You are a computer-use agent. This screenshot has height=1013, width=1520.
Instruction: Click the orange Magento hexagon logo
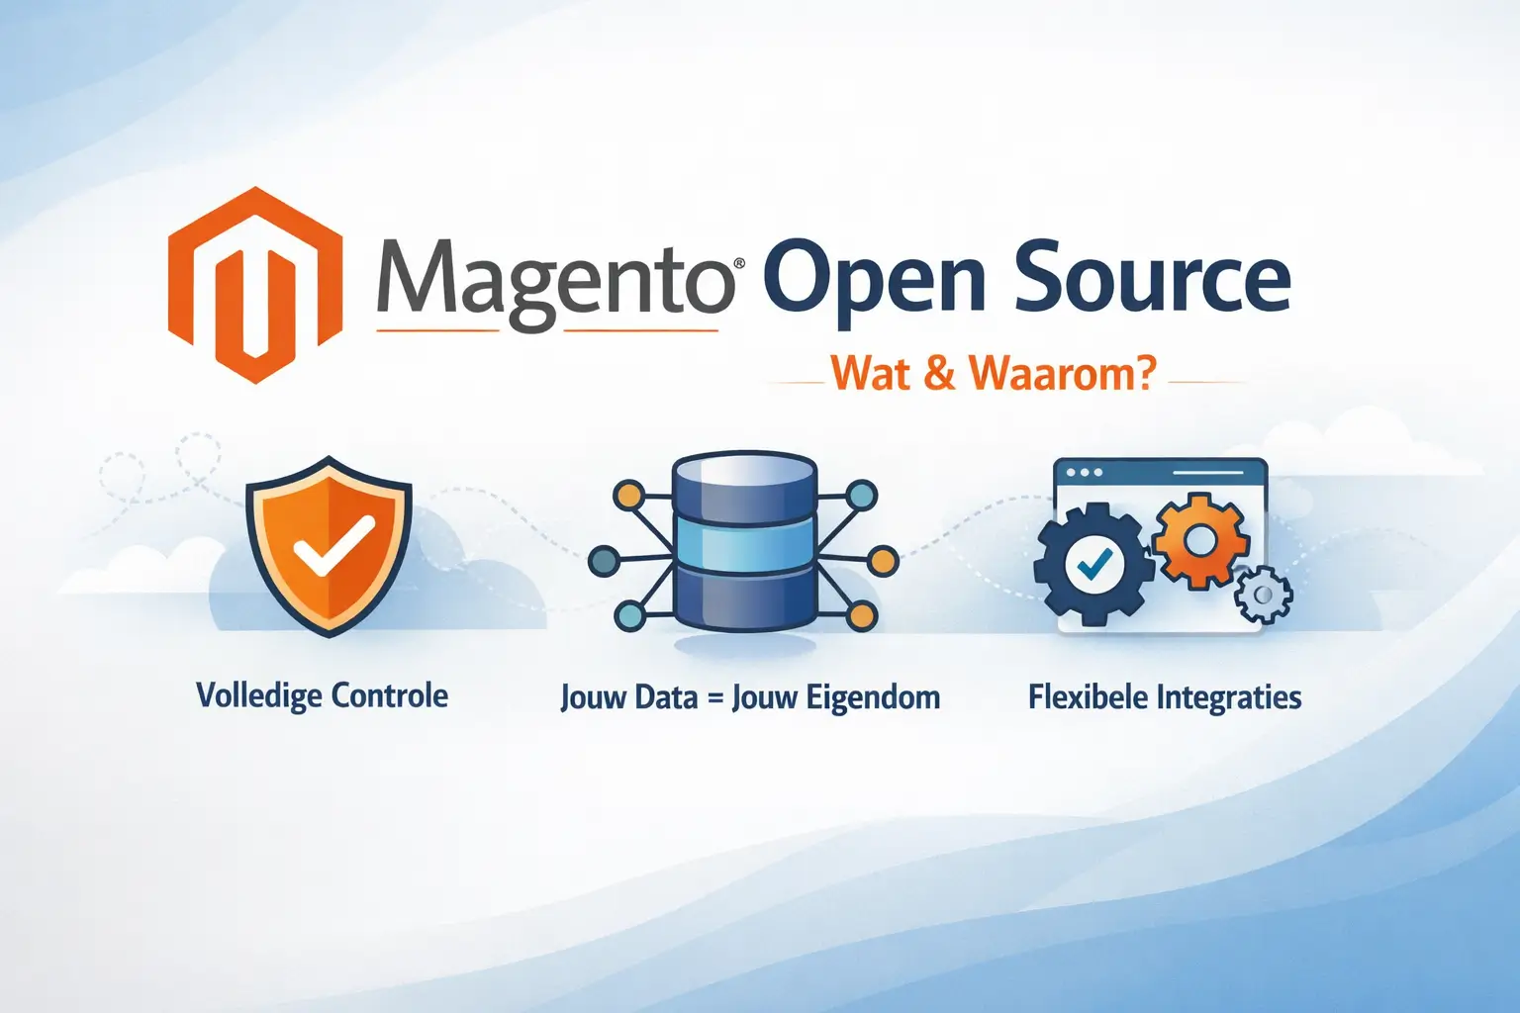point(255,285)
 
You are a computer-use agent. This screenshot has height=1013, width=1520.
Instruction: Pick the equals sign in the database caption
point(714,698)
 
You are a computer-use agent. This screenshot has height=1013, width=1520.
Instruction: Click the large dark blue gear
point(1093,565)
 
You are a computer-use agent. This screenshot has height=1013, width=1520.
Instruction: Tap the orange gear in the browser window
point(1200,540)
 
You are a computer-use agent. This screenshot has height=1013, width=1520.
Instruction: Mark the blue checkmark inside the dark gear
point(1093,565)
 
